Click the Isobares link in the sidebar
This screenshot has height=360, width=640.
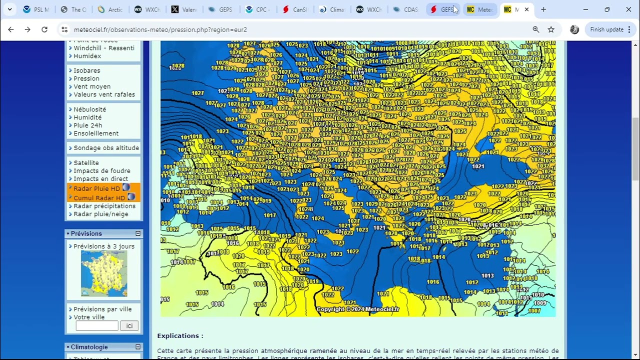point(86,70)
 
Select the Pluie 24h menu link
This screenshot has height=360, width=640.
point(87,125)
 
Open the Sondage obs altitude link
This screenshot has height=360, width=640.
point(106,148)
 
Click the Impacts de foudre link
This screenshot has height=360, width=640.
point(101,171)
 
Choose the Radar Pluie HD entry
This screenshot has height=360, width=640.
point(96,188)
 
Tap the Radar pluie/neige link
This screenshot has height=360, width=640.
point(100,214)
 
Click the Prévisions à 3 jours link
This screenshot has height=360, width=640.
point(103,246)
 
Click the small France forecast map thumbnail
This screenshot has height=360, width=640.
point(104,273)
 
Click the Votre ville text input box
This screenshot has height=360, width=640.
point(97,326)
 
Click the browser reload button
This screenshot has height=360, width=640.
point(44,29)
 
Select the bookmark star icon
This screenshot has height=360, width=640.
point(551,29)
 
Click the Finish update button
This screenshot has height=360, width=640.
point(606,29)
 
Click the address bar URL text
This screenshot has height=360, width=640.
point(160,29)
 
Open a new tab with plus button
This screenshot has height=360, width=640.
point(543,9)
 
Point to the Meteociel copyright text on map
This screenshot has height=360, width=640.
point(358,309)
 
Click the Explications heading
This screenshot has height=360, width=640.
point(180,336)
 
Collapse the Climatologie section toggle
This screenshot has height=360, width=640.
point(138,347)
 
